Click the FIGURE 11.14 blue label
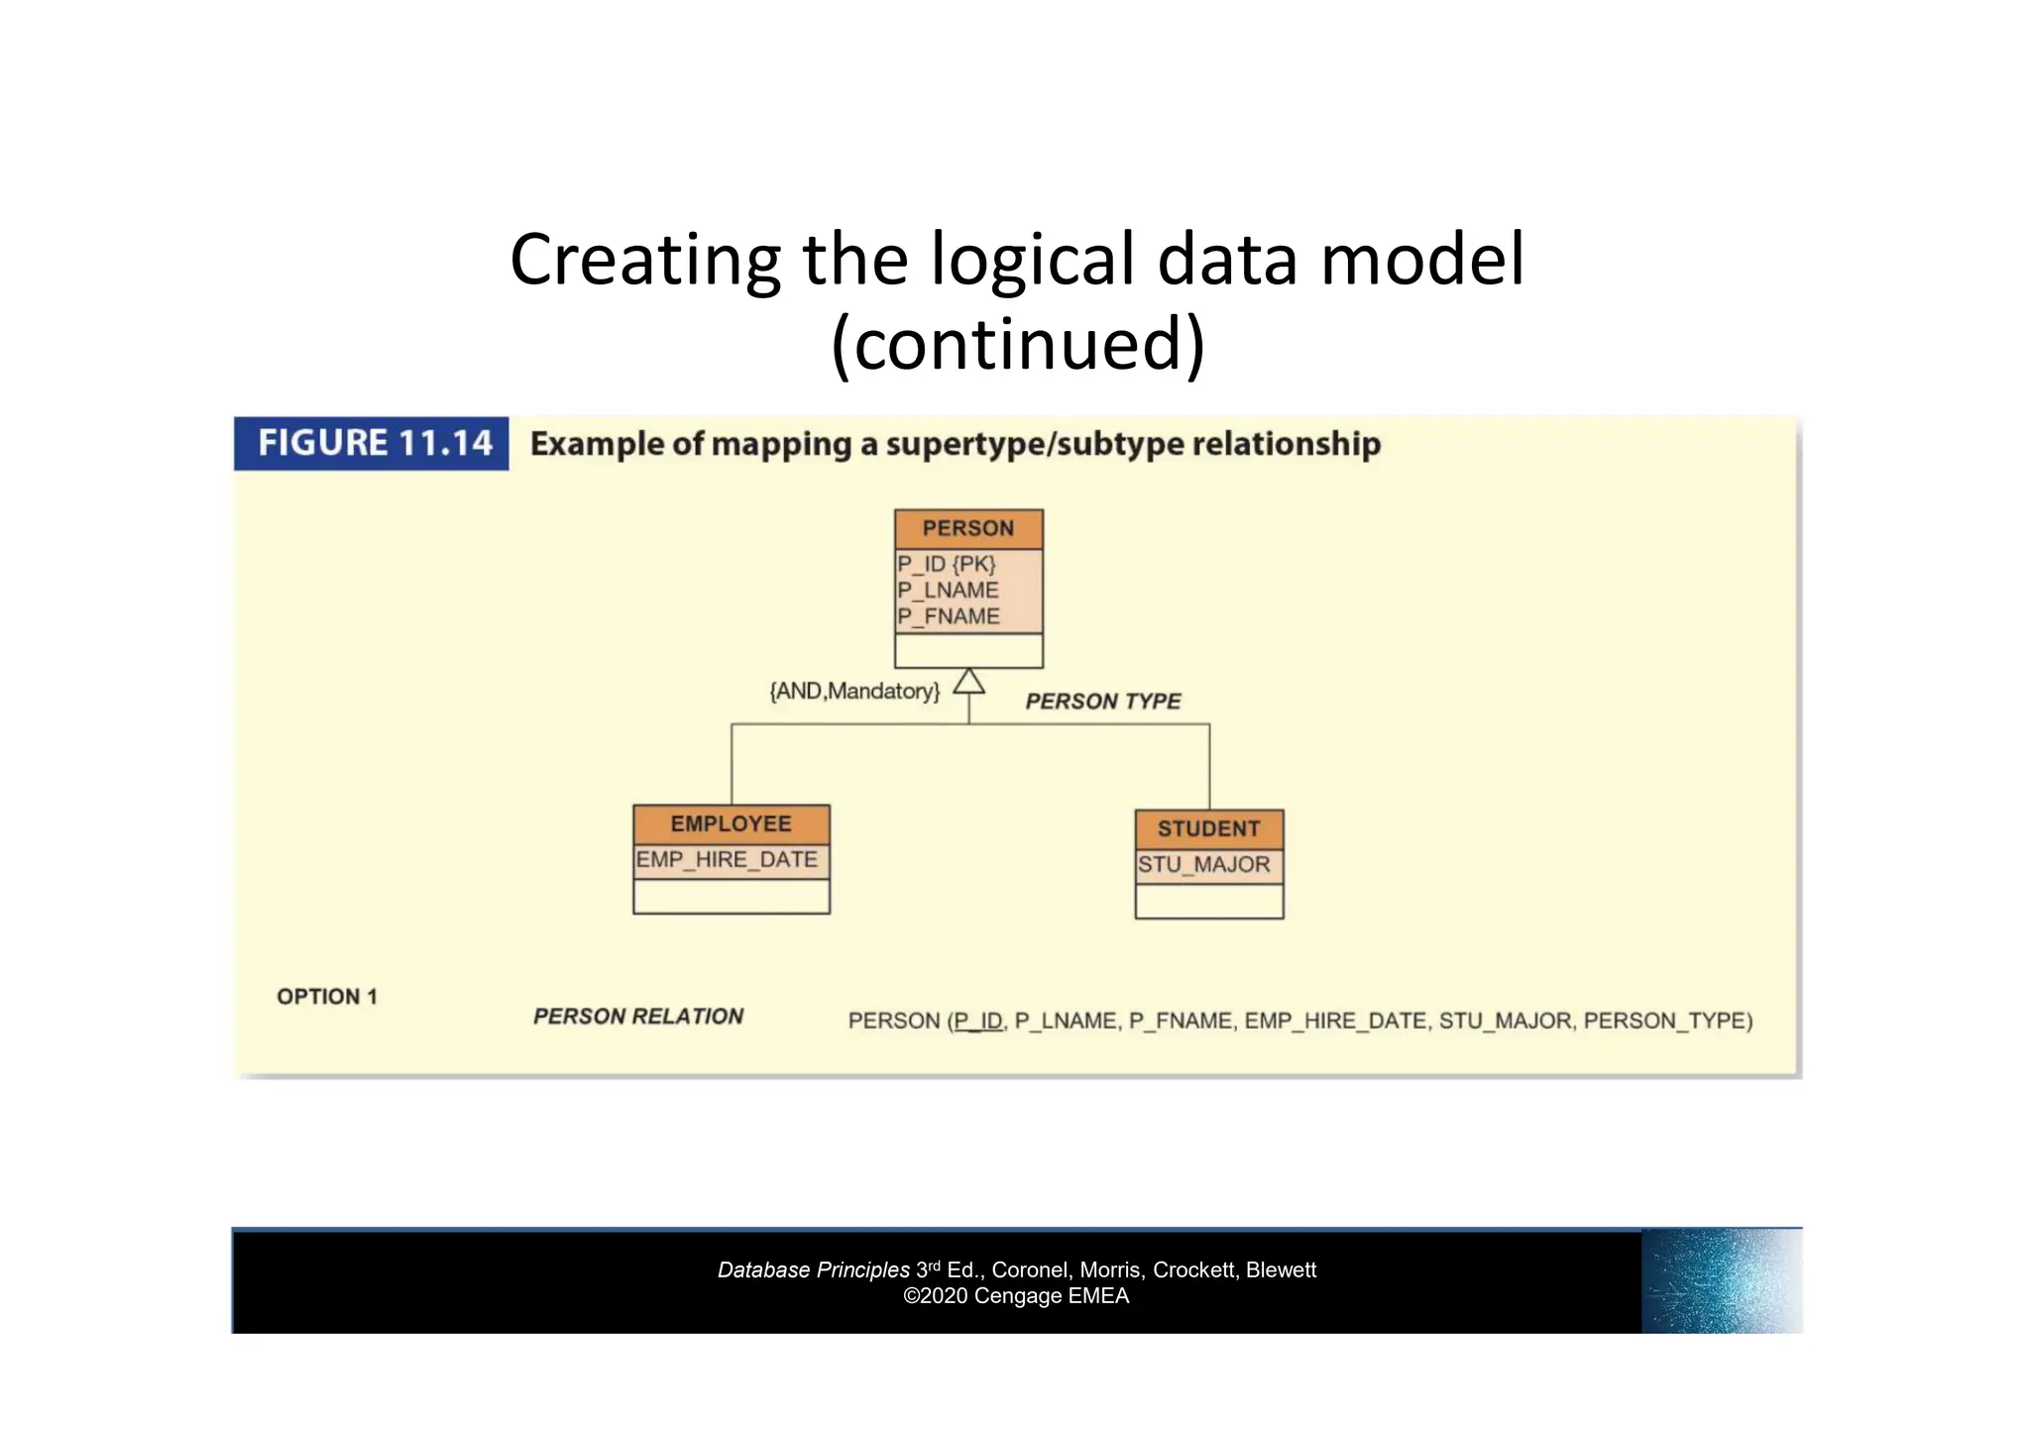pyautogui.click(x=372, y=443)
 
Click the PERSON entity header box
pyautogui.click(x=968, y=528)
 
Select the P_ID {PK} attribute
pyautogui.click(x=946, y=564)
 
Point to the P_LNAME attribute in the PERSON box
pyautogui.click(x=948, y=590)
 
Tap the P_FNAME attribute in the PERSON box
pyautogui.click(x=949, y=616)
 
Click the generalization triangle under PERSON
pyautogui.click(x=968, y=682)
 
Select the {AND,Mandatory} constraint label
pyautogui.click(x=854, y=691)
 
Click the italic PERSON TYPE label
pyautogui.click(x=1102, y=702)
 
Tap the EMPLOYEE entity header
pyautogui.click(x=731, y=824)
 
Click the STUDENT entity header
pyautogui.click(x=1208, y=828)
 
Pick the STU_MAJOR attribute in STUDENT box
pyautogui.click(x=1203, y=864)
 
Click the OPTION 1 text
pyautogui.click(x=327, y=997)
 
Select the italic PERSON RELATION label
pyautogui.click(x=638, y=1017)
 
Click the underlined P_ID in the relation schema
pyautogui.click(x=978, y=1021)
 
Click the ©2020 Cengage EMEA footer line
pyautogui.click(x=1016, y=1296)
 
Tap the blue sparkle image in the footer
pyautogui.click(x=1721, y=1281)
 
